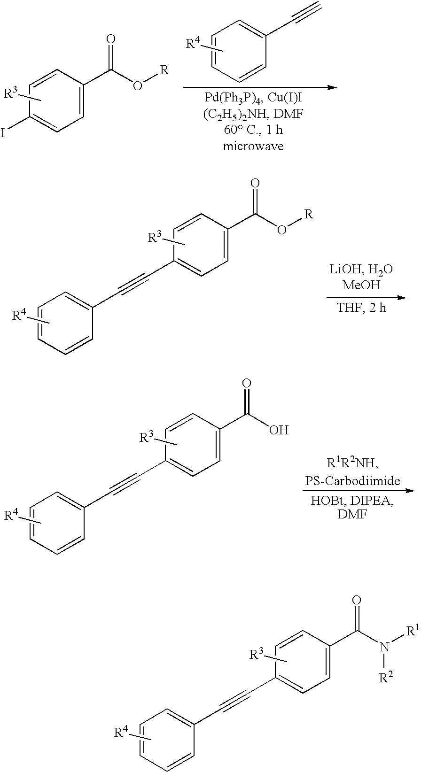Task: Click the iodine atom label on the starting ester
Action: pos(3,134)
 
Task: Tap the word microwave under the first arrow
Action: pos(253,147)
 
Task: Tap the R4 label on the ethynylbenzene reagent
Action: pos(194,45)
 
